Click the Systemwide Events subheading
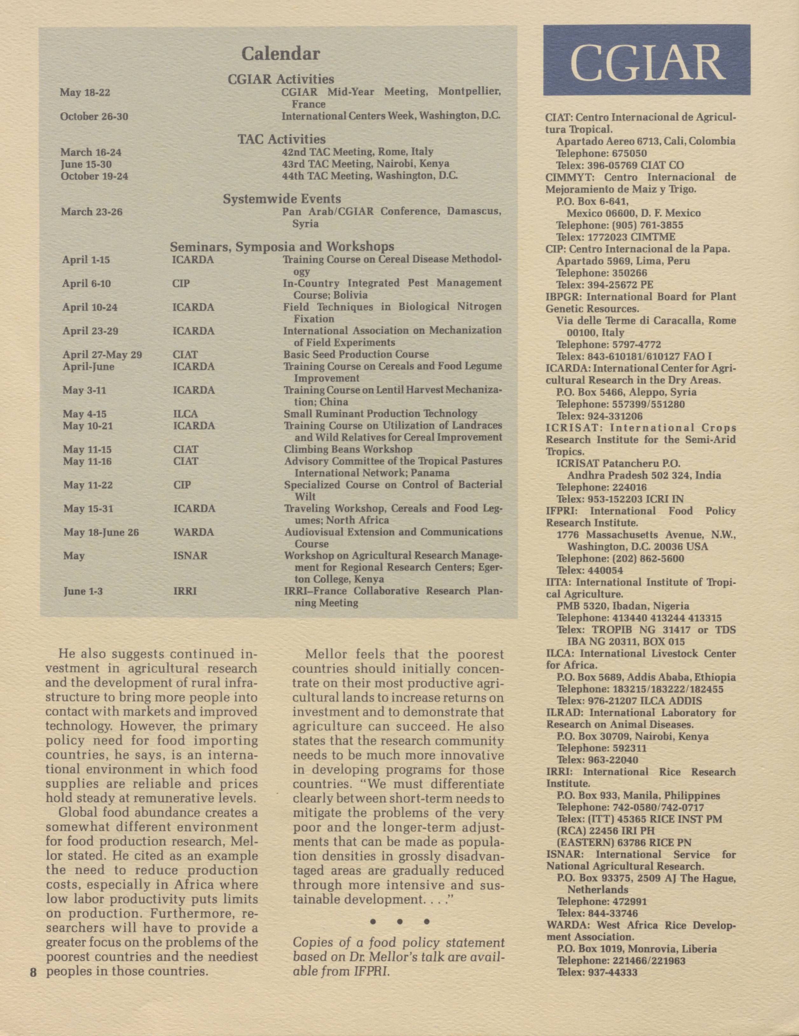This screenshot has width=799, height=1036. [282, 199]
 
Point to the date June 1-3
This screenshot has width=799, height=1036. [83, 592]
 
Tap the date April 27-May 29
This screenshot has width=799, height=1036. [102, 355]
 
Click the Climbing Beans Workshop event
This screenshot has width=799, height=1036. [348, 449]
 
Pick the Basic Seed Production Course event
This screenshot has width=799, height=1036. [356, 354]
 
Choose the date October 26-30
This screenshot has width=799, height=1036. [94, 116]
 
